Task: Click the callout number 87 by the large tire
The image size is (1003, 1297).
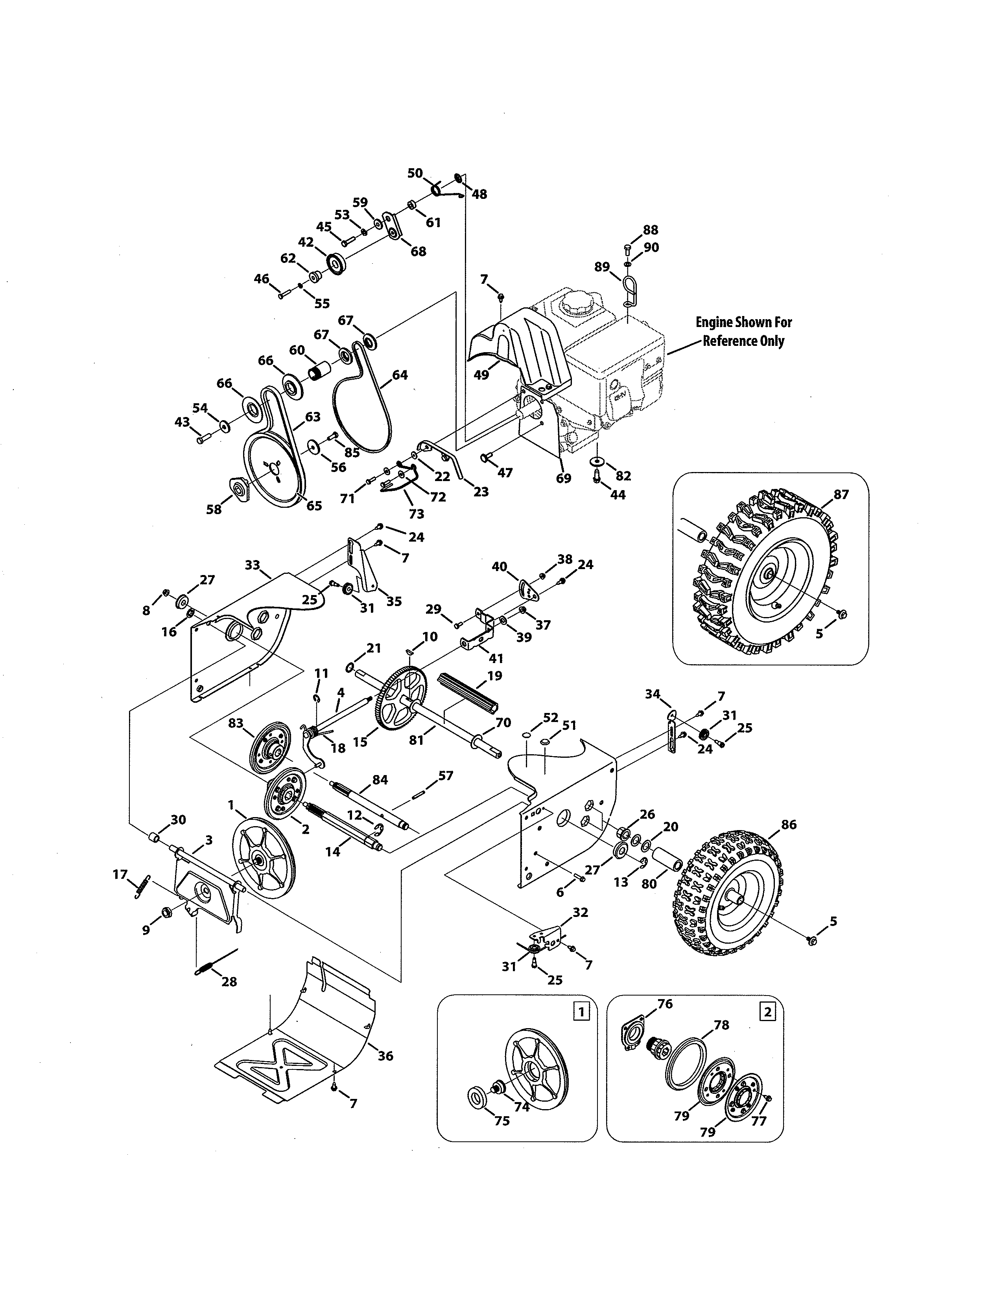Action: coord(841,494)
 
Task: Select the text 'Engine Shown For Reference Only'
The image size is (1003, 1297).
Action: coord(743,331)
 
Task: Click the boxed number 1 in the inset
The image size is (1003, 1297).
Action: coord(581,1011)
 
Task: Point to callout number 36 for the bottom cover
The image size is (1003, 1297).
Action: coord(385,1056)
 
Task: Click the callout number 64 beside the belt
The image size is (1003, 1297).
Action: coord(400,375)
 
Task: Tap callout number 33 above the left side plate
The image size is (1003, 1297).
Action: coord(253,565)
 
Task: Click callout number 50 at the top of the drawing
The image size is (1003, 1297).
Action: coord(415,173)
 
